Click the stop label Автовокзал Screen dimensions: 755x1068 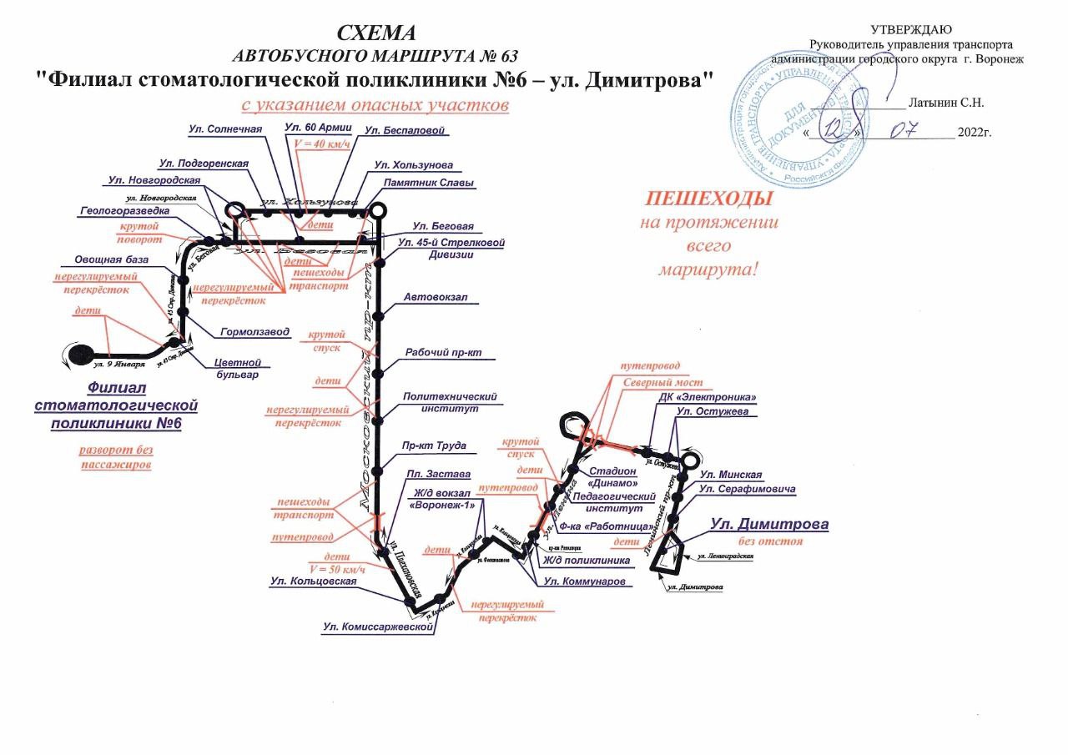pos(430,297)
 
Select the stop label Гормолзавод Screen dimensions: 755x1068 pos(254,332)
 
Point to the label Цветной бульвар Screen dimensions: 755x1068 pos(239,368)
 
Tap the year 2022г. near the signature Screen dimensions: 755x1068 pos(974,133)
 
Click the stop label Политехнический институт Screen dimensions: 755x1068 pos(450,403)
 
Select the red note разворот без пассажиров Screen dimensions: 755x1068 pos(116,457)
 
